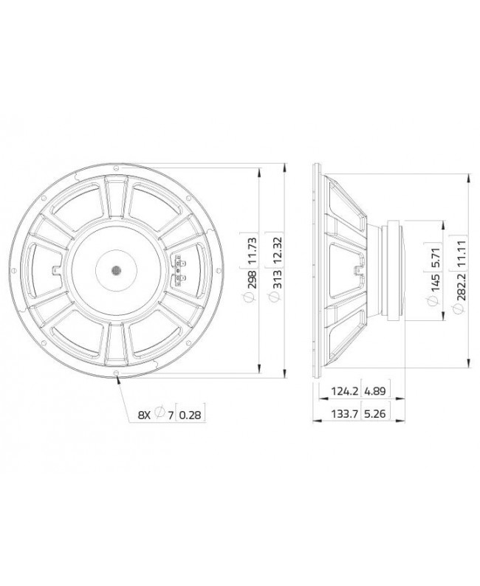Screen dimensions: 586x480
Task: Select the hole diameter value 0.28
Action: [x=191, y=416]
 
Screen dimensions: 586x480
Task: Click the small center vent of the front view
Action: [x=116, y=270]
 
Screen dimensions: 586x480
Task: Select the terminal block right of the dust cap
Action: [x=177, y=271]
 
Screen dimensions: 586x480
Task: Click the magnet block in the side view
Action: [x=391, y=270]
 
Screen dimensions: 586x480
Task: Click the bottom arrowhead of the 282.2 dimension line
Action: [x=469, y=362]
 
